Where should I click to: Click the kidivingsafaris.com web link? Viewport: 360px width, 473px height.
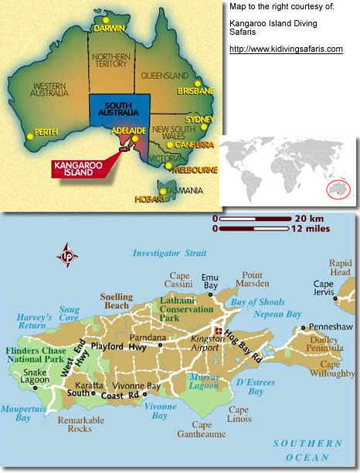click(286, 49)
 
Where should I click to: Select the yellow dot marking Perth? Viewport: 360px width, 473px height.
click(30, 136)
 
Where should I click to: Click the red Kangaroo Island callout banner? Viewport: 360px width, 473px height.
click(80, 168)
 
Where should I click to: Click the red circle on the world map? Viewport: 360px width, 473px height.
click(338, 190)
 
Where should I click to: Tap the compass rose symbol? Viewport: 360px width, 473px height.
click(67, 255)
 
